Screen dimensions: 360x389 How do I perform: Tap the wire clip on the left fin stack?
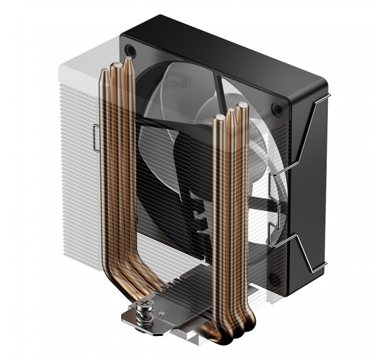(93, 138)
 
